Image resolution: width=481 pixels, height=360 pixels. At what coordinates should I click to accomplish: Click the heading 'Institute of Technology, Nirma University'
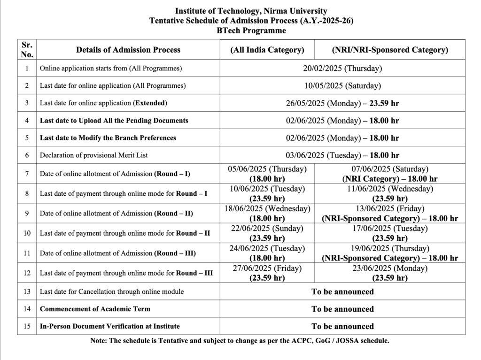click(x=251, y=11)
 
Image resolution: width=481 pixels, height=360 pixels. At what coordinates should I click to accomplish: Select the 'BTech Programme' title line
click(x=251, y=31)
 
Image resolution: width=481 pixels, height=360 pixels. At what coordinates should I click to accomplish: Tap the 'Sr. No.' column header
click(x=27, y=49)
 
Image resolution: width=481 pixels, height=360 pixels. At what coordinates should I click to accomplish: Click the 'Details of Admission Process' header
click(x=128, y=50)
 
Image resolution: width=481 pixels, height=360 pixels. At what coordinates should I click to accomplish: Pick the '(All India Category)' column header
click(x=267, y=50)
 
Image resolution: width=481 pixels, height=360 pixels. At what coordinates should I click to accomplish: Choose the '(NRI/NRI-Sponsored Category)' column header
click(x=390, y=50)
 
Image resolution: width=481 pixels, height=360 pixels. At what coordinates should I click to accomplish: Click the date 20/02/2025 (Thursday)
click(x=342, y=68)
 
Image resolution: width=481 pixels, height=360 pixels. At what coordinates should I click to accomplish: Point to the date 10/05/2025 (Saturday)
click(x=342, y=85)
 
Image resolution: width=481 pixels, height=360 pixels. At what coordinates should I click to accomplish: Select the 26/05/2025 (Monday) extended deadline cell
click(x=342, y=103)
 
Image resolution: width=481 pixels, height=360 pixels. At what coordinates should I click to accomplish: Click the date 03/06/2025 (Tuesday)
click(x=342, y=155)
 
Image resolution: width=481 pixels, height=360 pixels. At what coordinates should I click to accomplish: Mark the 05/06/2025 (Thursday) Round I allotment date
click(x=267, y=169)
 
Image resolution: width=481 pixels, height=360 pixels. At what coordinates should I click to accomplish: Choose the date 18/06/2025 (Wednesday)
click(x=267, y=208)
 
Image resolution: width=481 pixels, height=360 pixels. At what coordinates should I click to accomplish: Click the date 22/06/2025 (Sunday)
click(x=267, y=228)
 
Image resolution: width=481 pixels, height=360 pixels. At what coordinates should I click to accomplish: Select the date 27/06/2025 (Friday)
click(x=267, y=268)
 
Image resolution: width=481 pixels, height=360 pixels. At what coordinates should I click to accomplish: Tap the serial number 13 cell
click(x=27, y=291)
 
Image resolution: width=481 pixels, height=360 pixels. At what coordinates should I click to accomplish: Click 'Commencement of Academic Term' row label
click(x=95, y=309)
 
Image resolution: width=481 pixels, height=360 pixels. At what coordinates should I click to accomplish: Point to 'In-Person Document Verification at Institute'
click(x=110, y=326)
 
